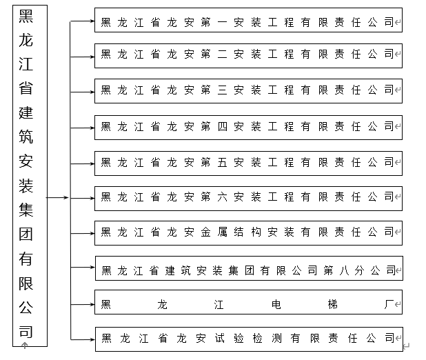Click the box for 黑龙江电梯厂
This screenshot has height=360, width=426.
(248, 303)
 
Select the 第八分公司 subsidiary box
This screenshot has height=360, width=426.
(248, 268)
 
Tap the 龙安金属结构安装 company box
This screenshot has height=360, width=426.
(248, 232)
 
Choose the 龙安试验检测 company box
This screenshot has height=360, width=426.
(248, 338)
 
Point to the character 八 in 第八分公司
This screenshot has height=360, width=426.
(344, 269)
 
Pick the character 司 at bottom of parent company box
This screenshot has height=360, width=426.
(26, 330)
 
